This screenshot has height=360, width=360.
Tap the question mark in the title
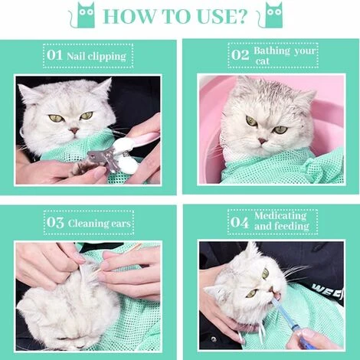click(241, 16)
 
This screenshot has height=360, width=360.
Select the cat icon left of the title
click(83, 15)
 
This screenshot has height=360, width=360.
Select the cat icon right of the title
click(270, 15)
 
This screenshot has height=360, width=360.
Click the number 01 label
click(54, 55)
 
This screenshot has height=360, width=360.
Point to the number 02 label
click(240, 55)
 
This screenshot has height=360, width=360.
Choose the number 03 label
click(55, 222)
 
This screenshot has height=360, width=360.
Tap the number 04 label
click(239, 222)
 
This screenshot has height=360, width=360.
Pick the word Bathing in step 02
click(272, 51)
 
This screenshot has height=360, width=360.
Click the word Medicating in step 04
click(280, 216)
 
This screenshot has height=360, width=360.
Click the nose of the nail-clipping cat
click(74, 131)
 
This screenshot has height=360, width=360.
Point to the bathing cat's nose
click(262, 141)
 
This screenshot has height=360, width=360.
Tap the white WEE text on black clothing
click(327, 290)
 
